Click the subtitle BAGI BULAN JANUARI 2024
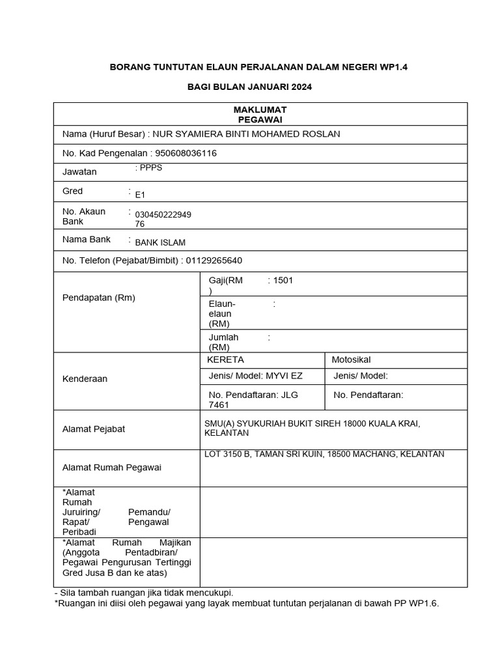(x=250, y=87)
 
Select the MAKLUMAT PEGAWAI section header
(x=260, y=115)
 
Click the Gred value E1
(x=141, y=194)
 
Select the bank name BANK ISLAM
(x=160, y=243)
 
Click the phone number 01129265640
(x=214, y=261)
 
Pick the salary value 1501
(x=284, y=280)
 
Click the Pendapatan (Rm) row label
(x=98, y=298)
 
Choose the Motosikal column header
(x=351, y=360)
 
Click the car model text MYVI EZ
(x=284, y=376)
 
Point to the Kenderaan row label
(x=85, y=379)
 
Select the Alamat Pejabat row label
(x=93, y=429)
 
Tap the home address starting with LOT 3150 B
(x=324, y=454)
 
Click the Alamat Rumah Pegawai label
(x=111, y=467)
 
